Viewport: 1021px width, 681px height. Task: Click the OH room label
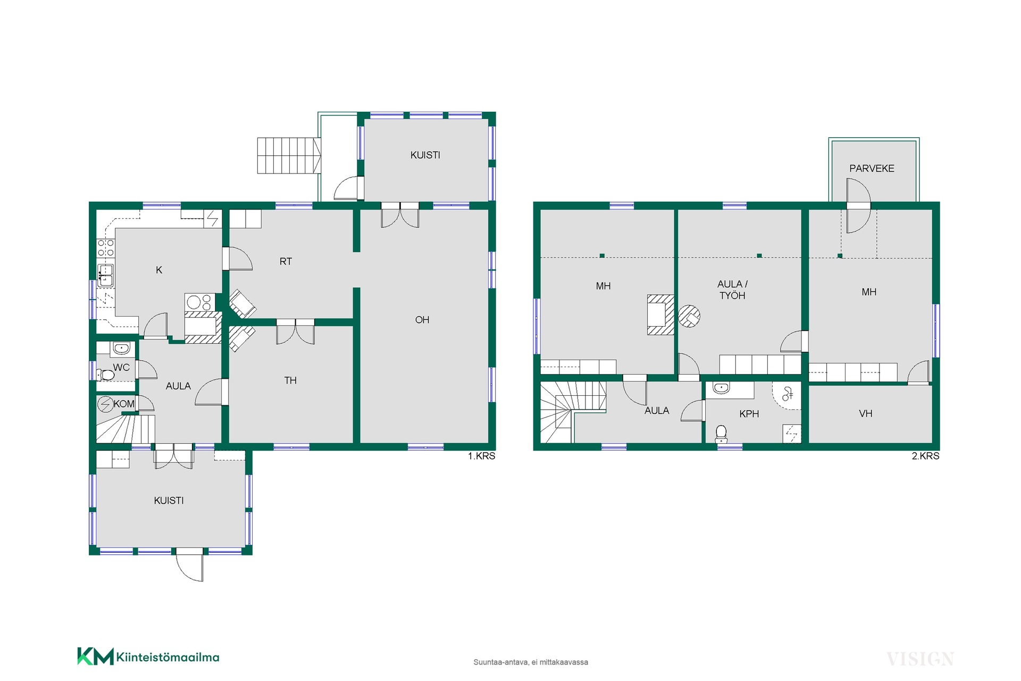[x=422, y=320]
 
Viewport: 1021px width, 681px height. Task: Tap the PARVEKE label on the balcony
[x=872, y=168]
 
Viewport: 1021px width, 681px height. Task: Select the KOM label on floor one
[x=124, y=404]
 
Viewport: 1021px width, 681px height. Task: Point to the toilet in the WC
[x=106, y=375]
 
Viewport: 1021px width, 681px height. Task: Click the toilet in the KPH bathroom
[x=721, y=434]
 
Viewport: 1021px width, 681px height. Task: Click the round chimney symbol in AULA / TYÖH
[x=689, y=316]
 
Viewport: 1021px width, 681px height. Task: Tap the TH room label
[x=290, y=380]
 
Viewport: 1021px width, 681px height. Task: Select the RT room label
[x=286, y=261]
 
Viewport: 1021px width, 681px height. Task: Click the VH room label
[x=866, y=413]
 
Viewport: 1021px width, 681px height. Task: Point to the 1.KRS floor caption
[x=481, y=456]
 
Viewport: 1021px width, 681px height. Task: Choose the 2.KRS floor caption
[x=925, y=456]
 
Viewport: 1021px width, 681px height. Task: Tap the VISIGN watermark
[x=920, y=659]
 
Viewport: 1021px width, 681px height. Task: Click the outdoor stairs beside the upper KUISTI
[x=289, y=155]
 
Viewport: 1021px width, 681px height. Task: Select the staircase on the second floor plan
[x=573, y=412]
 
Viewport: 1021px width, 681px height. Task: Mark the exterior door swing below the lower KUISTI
[x=190, y=564]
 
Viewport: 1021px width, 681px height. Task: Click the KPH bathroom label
[x=749, y=413]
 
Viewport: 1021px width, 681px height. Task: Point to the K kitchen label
[x=159, y=270]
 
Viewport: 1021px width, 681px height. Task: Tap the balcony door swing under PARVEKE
[x=858, y=206]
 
